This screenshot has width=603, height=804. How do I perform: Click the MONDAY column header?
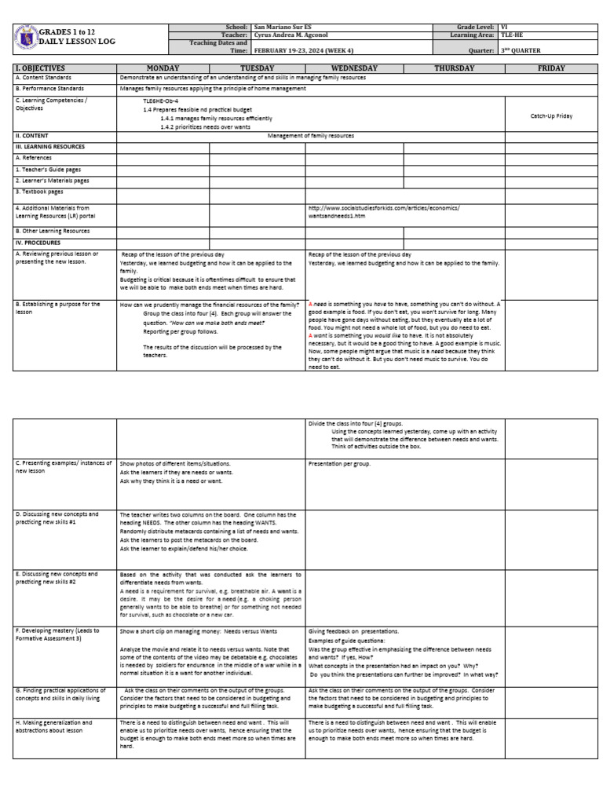pos(163,68)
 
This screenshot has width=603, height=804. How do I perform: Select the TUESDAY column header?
pos(257,68)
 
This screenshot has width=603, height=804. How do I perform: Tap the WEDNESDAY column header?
pos(354,68)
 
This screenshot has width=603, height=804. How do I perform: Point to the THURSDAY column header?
pos(454,68)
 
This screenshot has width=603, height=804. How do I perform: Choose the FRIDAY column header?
pos(551,68)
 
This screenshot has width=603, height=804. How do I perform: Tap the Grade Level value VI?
pos(503,27)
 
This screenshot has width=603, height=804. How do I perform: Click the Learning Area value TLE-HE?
pos(511,35)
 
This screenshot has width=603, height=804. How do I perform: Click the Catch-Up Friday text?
pos(551,115)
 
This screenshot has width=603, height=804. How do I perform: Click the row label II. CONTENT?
pos(32,136)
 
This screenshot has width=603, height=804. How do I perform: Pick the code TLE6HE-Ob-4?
pos(159,101)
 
